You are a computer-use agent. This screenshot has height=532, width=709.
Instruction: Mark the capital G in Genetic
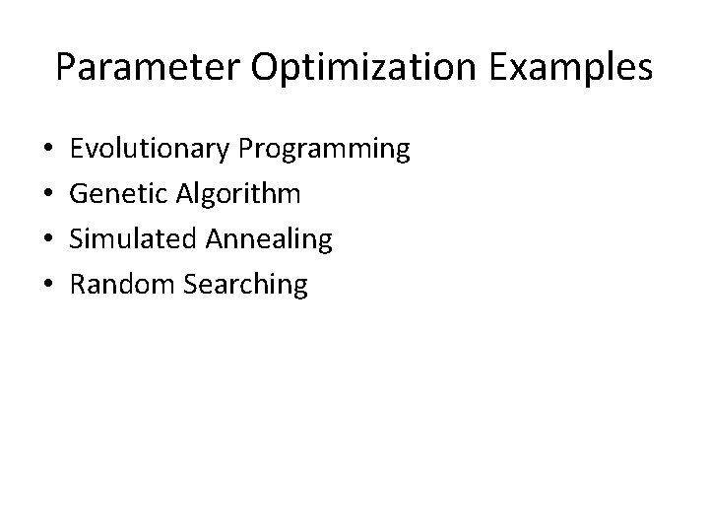click(x=81, y=194)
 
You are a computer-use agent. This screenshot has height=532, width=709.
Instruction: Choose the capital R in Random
click(x=80, y=285)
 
